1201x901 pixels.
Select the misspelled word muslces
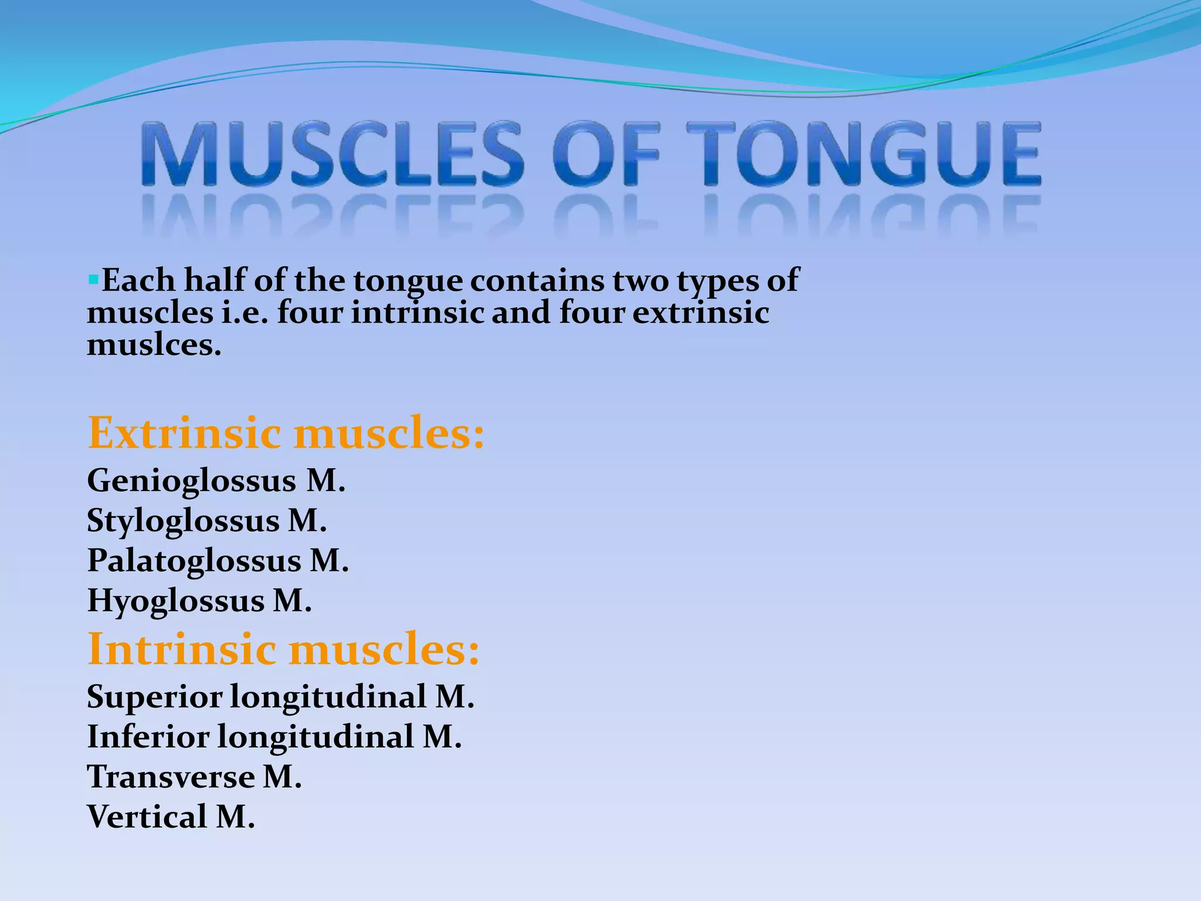point(154,345)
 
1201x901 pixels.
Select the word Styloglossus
point(183,521)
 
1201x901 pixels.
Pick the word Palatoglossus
point(194,561)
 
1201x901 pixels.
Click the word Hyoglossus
point(175,601)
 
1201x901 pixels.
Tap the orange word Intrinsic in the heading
point(182,650)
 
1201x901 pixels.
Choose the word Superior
point(155,697)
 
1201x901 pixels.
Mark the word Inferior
point(148,737)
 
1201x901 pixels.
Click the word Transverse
point(171,777)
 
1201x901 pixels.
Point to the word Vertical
point(147,817)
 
